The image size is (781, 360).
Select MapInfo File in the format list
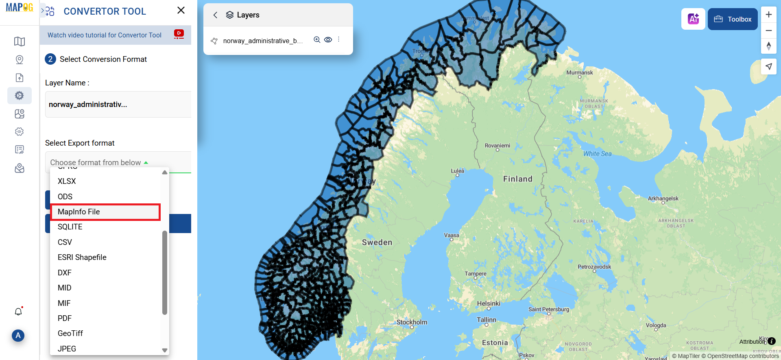coord(79,212)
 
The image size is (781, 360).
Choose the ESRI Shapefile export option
coord(82,257)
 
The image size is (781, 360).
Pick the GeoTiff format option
coord(70,334)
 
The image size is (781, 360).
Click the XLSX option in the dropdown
coord(67,181)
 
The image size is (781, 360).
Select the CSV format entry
coord(65,242)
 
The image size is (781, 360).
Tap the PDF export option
coord(65,319)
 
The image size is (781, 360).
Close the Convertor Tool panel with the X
coord(181,11)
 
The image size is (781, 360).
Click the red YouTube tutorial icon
coord(179,34)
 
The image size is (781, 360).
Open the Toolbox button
coord(733,19)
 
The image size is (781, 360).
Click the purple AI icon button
coord(693,19)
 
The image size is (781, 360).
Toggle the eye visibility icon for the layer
coord(328,40)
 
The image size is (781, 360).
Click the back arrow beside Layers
coord(215,15)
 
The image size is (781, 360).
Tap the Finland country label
coord(517,179)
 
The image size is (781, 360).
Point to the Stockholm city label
coord(412,322)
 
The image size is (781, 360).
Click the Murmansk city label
coord(580,73)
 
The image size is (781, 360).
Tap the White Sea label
coord(597,154)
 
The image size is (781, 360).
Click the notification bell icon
coord(18,312)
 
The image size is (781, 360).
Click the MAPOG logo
coord(20,7)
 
